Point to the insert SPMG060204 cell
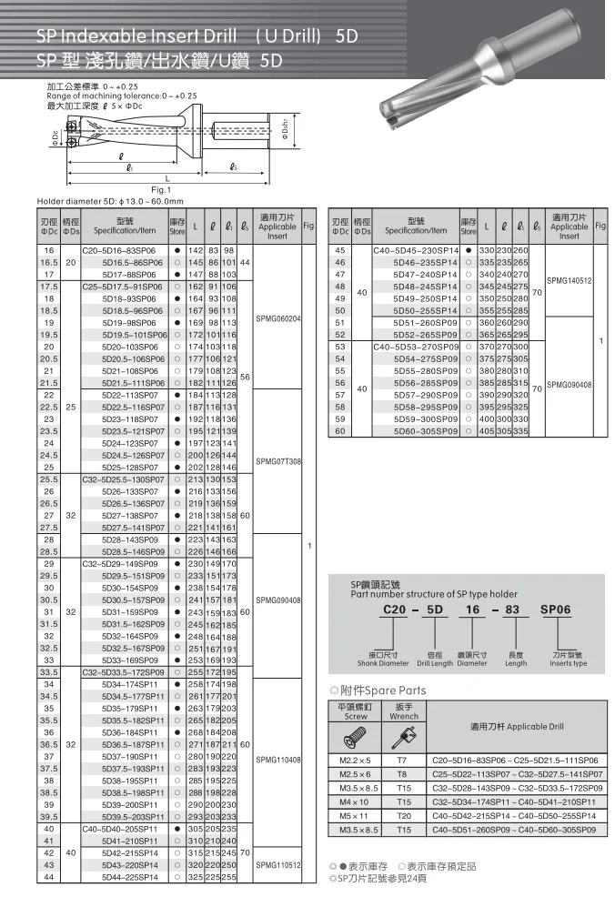point(279,318)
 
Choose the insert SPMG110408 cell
point(279,759)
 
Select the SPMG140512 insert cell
point(570,280)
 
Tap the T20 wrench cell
point(402,817)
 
